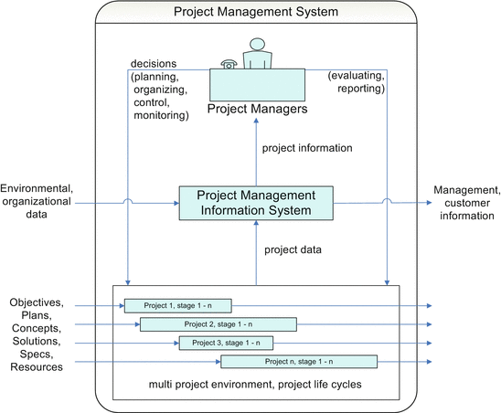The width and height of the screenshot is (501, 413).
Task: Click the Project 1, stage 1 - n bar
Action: [178, 305]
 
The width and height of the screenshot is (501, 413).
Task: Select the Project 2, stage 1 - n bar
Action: [218, 324]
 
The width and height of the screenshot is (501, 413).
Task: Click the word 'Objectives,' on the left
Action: [37, 302]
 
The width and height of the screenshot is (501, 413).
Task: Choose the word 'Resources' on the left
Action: [36, 367]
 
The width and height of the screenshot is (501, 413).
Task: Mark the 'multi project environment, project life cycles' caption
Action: [256, 386]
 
